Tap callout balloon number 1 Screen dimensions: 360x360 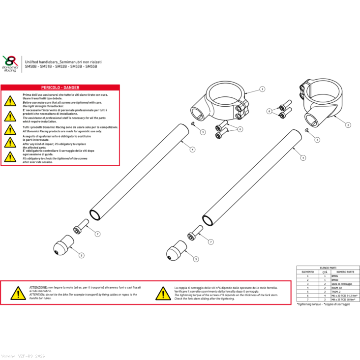[x=262, y=89]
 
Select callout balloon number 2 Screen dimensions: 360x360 [x=348, y=125]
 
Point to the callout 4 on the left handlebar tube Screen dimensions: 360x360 [x=192, y=149]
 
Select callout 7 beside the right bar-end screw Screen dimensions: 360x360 [x=211, y=241]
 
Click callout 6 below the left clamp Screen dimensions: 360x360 [x=240, y=129]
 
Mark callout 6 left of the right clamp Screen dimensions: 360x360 [x=269, y=112]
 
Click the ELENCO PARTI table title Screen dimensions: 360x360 [x=328, y=268]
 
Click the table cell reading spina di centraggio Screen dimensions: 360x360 [x=343, y=284]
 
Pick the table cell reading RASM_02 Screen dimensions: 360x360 [x=337, y=288]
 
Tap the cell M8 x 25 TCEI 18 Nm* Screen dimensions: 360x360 [x=344, y=299]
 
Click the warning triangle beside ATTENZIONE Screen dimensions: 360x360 [x=18, y=294]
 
